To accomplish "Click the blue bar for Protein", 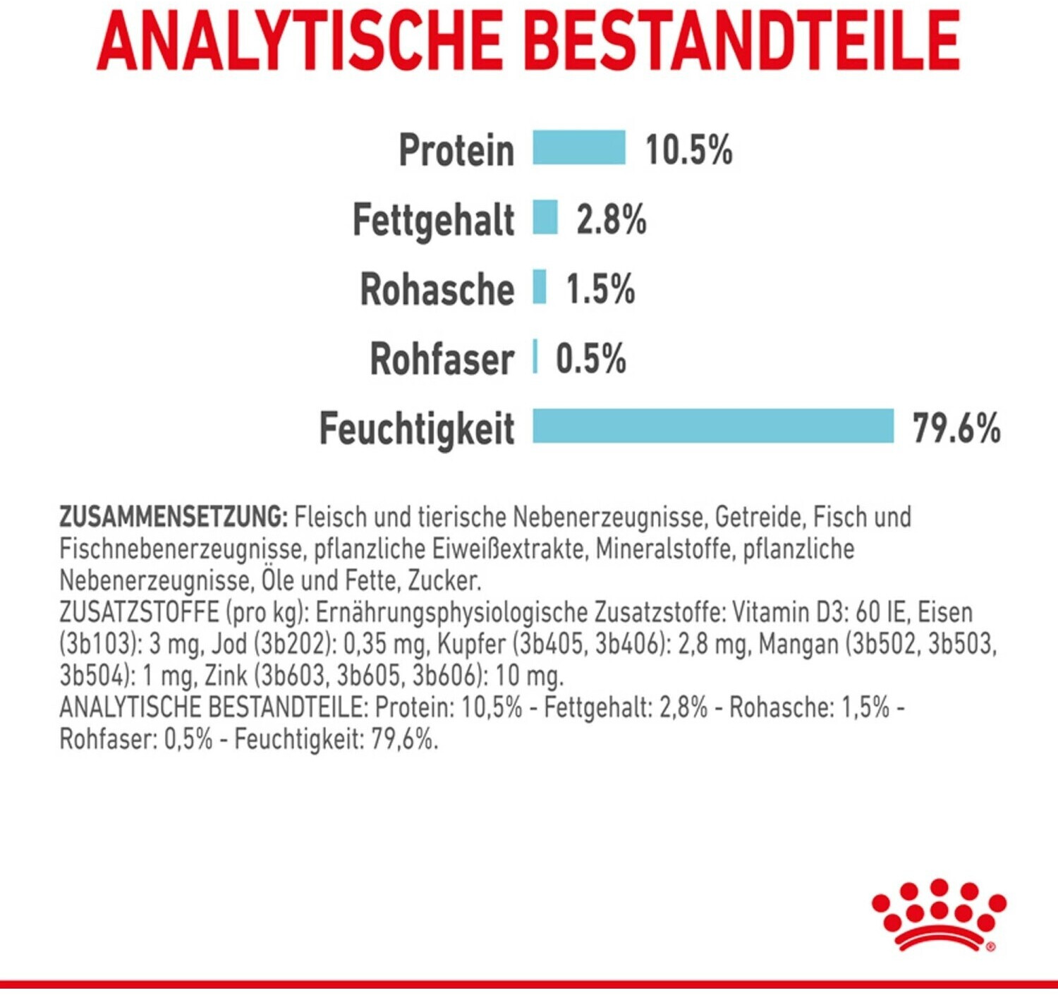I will pyautogui.click(x=578, y=147).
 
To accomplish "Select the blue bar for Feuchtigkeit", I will pyautogui.click(x=712, y=426).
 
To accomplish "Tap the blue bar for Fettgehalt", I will pyautogui.click(x=545, y=217).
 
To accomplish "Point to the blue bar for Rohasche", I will pyautogui.click(x=540, y=287).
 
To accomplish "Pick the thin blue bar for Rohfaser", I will pyautogui.click(x=535, y=356).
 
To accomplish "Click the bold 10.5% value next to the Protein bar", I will pyautogui.click(x=688, y=149).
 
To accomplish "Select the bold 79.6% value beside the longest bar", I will pyautogui.click(x=956, y=428).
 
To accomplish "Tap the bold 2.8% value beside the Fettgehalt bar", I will pyautogui.click(x=611, y=219).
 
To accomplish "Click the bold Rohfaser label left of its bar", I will pyautogui.click(x=442, y=359).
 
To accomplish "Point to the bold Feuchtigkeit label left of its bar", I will pyautogui.click(x=417, y=429).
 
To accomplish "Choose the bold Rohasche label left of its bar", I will pyautogui.click(x=437, y=289).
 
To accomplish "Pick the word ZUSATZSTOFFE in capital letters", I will pyautogui.click(x=139, y=612).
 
